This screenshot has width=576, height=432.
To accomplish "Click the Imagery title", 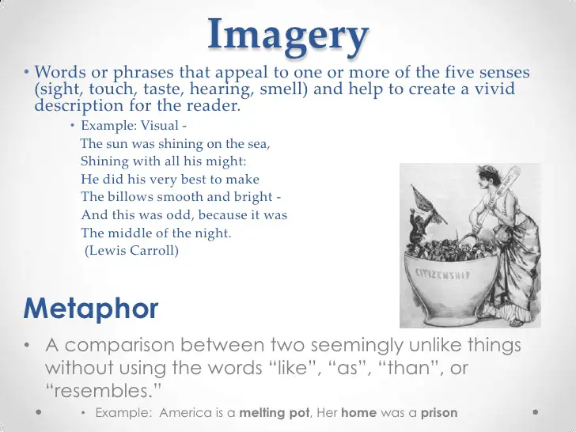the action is pos(288,37).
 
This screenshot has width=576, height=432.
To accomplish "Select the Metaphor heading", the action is pos(91,309).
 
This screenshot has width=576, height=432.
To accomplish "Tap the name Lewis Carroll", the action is pos(131,251).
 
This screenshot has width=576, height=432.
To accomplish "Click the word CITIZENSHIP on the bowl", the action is pos(442,274).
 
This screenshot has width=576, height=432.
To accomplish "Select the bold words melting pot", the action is pos(274,412).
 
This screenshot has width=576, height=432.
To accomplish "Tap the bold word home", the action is pos(359,412).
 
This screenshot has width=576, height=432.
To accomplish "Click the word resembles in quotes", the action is pos(103,390).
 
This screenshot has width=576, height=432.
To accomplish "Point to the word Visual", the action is pos(160,126).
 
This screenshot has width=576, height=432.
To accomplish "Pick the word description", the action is pos(78,106).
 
